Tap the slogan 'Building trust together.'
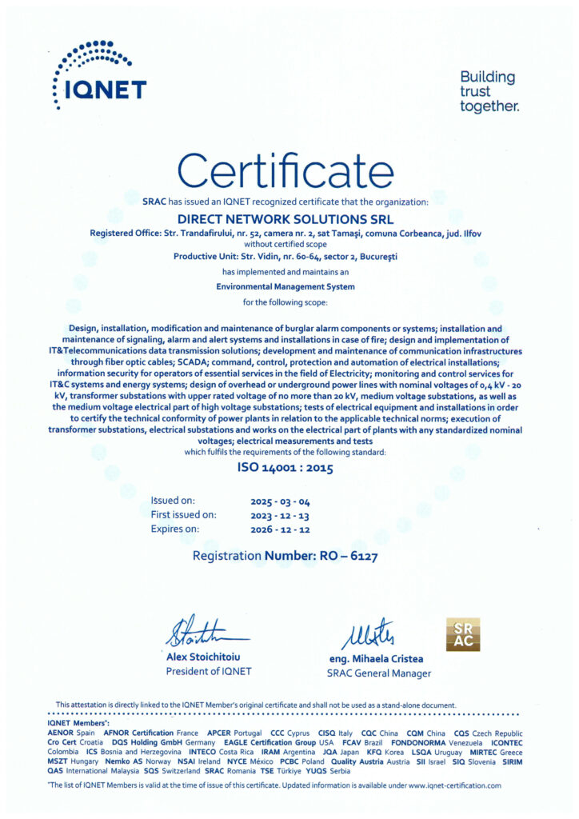point(489,91)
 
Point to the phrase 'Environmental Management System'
point(286,286)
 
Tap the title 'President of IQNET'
point(208,671)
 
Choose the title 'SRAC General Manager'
point(378,673)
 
